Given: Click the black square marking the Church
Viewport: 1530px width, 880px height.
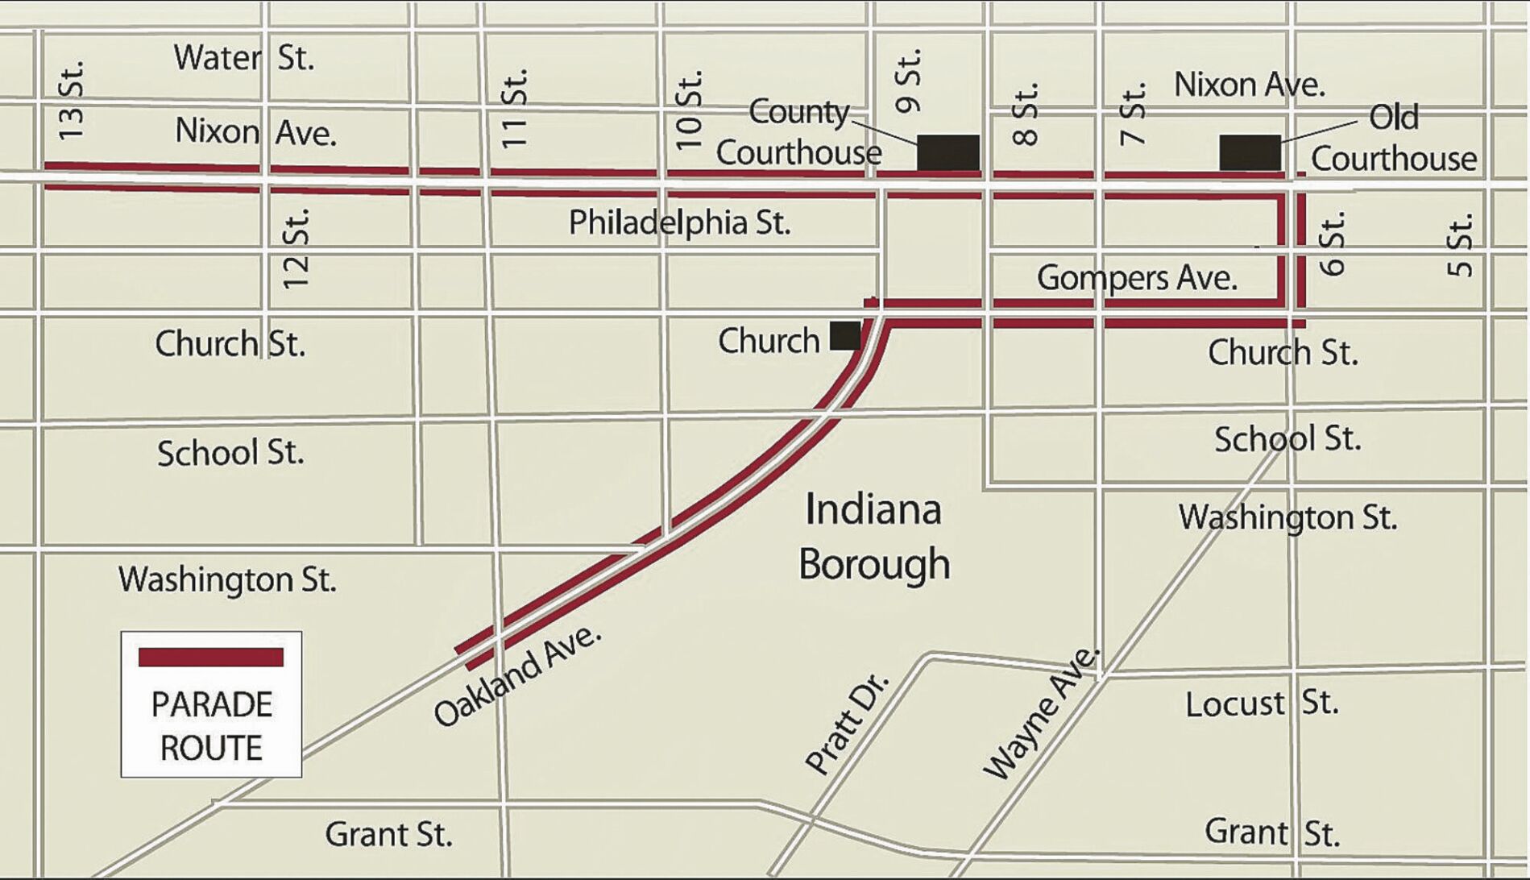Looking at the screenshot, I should (844, 335).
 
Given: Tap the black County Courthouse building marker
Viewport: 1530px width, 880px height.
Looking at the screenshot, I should (948, 152).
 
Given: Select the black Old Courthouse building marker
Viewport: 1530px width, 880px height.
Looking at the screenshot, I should (1250, 152).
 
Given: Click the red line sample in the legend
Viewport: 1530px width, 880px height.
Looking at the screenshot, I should (211, 657).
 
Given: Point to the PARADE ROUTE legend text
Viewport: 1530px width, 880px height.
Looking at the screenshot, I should (211, 726).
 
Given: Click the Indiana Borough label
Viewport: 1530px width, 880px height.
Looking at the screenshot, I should (874, 537).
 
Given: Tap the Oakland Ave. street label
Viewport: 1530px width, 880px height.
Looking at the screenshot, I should (517, 675).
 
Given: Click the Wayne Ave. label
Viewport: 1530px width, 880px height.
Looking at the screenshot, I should (1041, 713).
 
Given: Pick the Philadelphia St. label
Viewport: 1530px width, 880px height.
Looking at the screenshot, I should (679, 222).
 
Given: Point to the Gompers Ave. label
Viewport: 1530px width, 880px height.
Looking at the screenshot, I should (1137, 278).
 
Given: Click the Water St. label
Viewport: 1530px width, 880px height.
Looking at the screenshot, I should (243, 58).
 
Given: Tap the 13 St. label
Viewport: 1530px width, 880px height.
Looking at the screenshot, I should (71, 100).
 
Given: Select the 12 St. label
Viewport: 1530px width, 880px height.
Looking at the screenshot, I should (296, 249).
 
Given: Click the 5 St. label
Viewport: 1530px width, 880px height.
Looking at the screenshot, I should (1460, 245).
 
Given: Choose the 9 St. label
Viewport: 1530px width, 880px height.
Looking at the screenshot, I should (908, 81).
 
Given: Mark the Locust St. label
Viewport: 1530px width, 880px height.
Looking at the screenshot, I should (1262, 704).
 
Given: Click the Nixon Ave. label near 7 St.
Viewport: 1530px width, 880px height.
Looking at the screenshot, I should (1249, 85).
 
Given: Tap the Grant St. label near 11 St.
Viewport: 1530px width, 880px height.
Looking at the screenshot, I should (388, 834).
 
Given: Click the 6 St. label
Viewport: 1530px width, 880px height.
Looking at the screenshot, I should (1332, 243).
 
